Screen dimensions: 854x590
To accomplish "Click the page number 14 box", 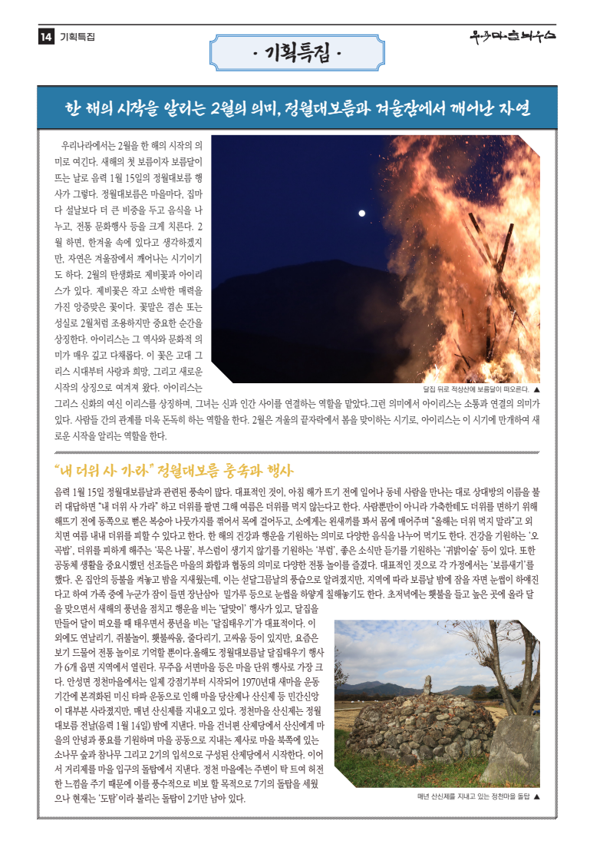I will coord(45,36).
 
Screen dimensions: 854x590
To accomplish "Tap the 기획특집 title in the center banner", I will coord(296,54).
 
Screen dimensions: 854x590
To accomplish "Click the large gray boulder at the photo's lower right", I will coord(510,749).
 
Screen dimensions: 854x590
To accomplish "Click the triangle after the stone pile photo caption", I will coord(536,796).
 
